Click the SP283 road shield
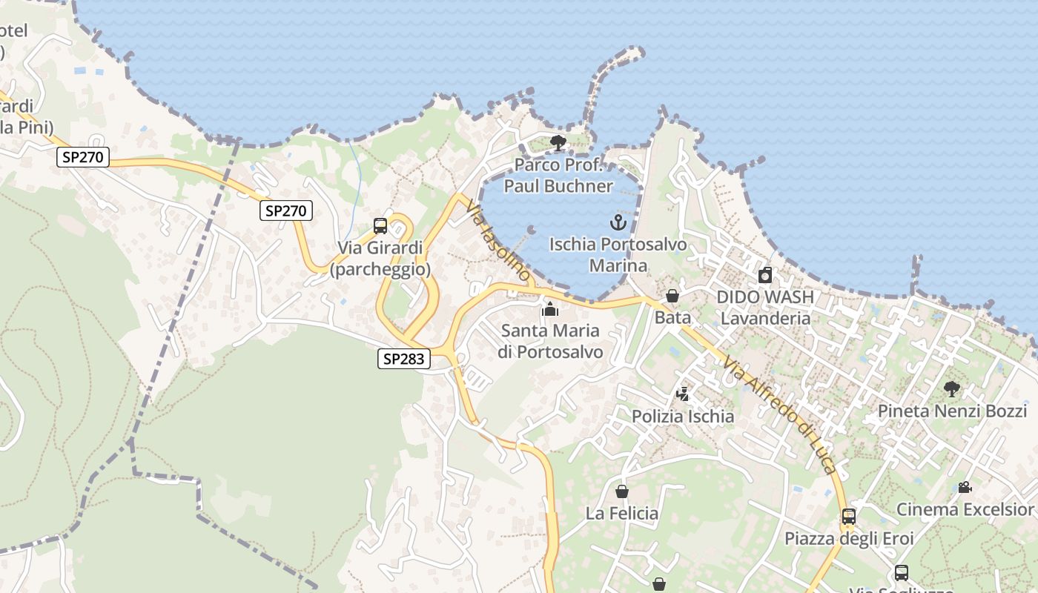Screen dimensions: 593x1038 click(404, 360)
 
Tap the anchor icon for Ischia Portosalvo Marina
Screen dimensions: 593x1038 click(618, 222)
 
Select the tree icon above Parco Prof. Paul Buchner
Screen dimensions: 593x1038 click(558, 143)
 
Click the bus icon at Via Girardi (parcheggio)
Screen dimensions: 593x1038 click(380, 226)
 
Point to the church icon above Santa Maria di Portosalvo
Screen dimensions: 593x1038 click(550, 309)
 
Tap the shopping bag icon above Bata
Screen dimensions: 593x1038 click(672, 296)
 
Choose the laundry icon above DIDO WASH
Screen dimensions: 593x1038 click(765, 276)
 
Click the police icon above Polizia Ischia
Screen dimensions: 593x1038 click(682, 394)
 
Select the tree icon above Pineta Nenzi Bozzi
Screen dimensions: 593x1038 click(952, 389)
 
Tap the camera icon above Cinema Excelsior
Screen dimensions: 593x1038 click(965, 488)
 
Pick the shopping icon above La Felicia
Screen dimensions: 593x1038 click(622, 491)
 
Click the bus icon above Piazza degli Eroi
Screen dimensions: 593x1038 click(849, 517)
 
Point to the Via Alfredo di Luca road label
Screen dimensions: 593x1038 click(781, 416)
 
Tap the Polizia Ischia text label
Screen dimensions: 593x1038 click(683, 417)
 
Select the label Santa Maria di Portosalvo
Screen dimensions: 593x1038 click(550, 341)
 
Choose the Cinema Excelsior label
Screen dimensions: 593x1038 click(965, 510)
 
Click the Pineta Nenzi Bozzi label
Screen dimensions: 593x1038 click(952, 411)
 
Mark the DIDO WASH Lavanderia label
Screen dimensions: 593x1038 click(765, 308)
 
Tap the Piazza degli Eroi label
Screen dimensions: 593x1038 click(849, 539)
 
